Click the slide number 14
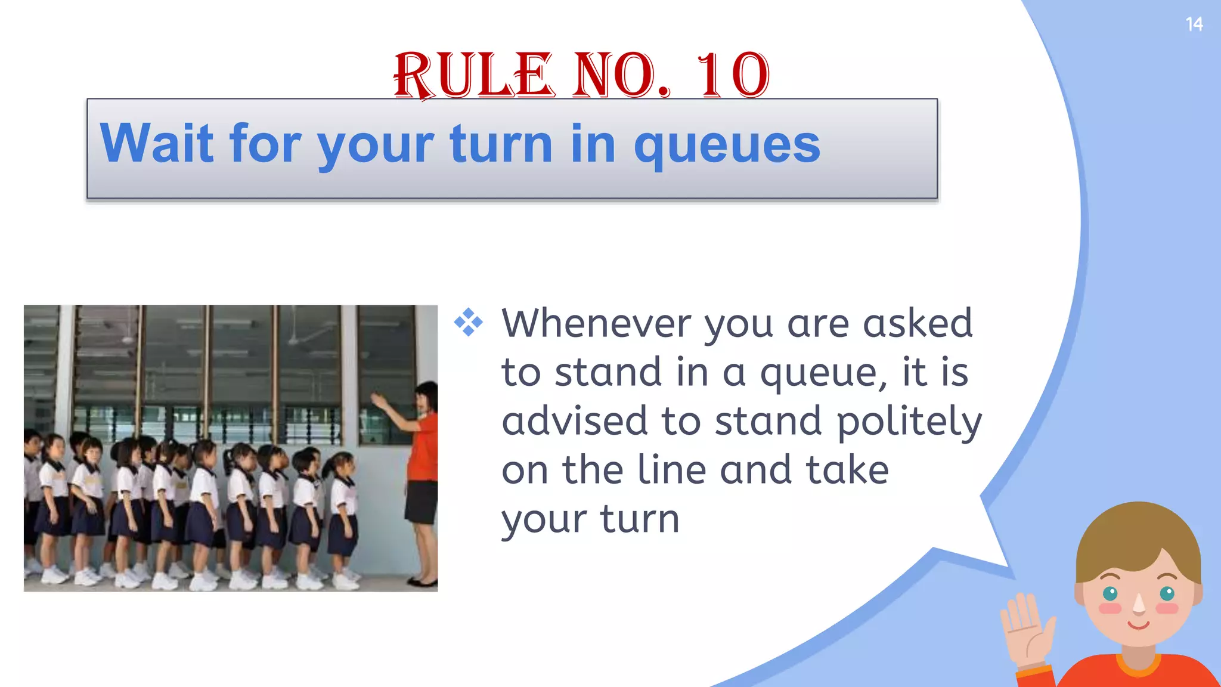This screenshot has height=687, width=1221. coord(1194,24)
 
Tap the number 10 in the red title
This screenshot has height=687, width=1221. coord(733,76)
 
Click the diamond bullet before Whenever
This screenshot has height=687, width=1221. coord(469,323)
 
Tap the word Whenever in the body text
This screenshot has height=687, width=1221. coord(597,323)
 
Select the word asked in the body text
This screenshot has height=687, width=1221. coord(918,323)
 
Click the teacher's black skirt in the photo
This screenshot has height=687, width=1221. coord(422,502)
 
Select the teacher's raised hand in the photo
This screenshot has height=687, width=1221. coord(378,401)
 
